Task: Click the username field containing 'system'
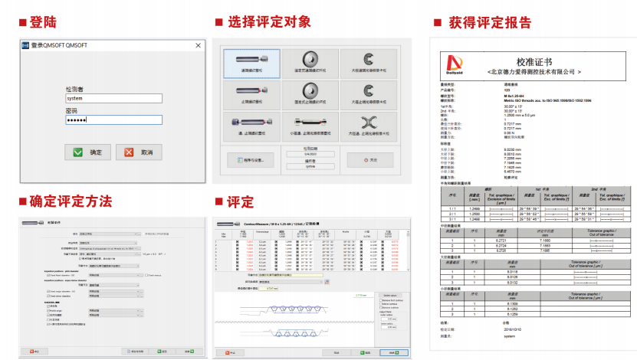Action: pos(113,98)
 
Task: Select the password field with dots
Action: pos(113,119)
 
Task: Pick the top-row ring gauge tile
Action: pos(311,62)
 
